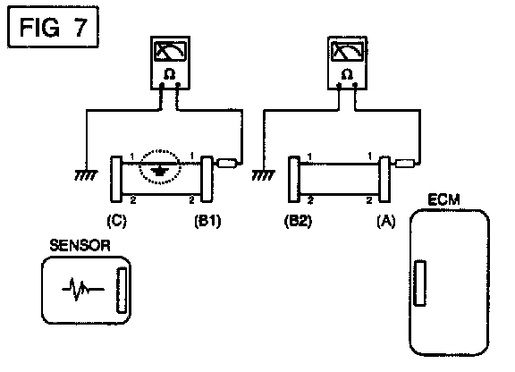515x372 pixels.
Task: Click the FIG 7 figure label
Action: pos(53,27)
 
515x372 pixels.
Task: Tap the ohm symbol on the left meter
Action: pos(170,74)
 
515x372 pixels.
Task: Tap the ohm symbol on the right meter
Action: pos(347,74)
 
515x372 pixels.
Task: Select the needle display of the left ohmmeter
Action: pos(170,51)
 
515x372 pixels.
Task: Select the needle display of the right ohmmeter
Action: pos(348,51)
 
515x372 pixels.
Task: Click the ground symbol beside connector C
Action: pos(86,175)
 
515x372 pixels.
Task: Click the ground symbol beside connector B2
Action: pos(264,175)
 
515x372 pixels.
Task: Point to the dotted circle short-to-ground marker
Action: pos(160,167)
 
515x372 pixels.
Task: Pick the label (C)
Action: pos(116,221)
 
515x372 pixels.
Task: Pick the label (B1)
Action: pos(208,221)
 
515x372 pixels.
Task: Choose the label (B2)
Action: pos(298,221)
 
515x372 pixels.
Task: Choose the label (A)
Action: pos(386,221)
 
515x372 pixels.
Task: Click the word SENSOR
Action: pos(80,246)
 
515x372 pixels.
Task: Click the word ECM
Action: pos(443,199)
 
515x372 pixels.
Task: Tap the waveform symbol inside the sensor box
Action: pos(83,289)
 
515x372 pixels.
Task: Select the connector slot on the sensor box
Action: pos(122,290)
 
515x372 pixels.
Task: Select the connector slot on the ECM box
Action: pos(419,283)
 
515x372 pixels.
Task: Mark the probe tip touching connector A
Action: pos(404,164)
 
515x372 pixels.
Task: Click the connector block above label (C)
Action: pos(116,179)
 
